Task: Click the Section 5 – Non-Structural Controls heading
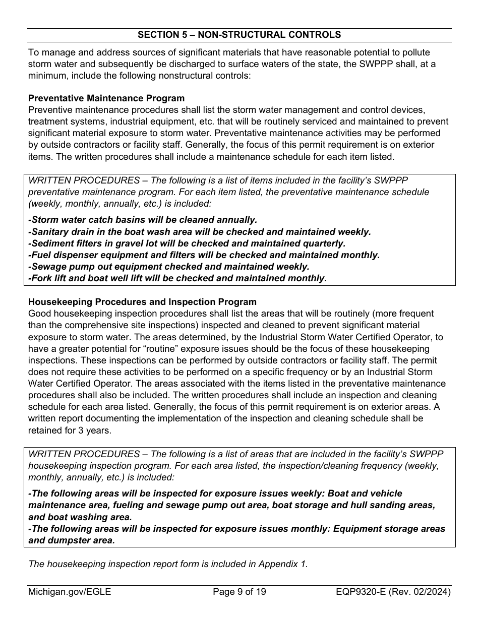[x=239, y=35]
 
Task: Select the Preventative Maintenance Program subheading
[x=106, y=98]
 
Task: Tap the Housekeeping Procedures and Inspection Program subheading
[x=142, y=302]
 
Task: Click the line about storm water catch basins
[x=143, y=220]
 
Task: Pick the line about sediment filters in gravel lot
[x=187, y=243]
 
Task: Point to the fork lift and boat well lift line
[x=177, y=278]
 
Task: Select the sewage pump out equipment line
[x=169, y=266]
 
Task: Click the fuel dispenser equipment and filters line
[x=204, y=255]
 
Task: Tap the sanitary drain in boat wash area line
[x=200, y=231]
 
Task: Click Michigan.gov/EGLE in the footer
[x=70, y=591]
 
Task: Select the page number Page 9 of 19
[x=239, y=591]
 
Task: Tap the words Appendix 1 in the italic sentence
[x=286, y=564]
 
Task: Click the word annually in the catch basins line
[x=236, y=220]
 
